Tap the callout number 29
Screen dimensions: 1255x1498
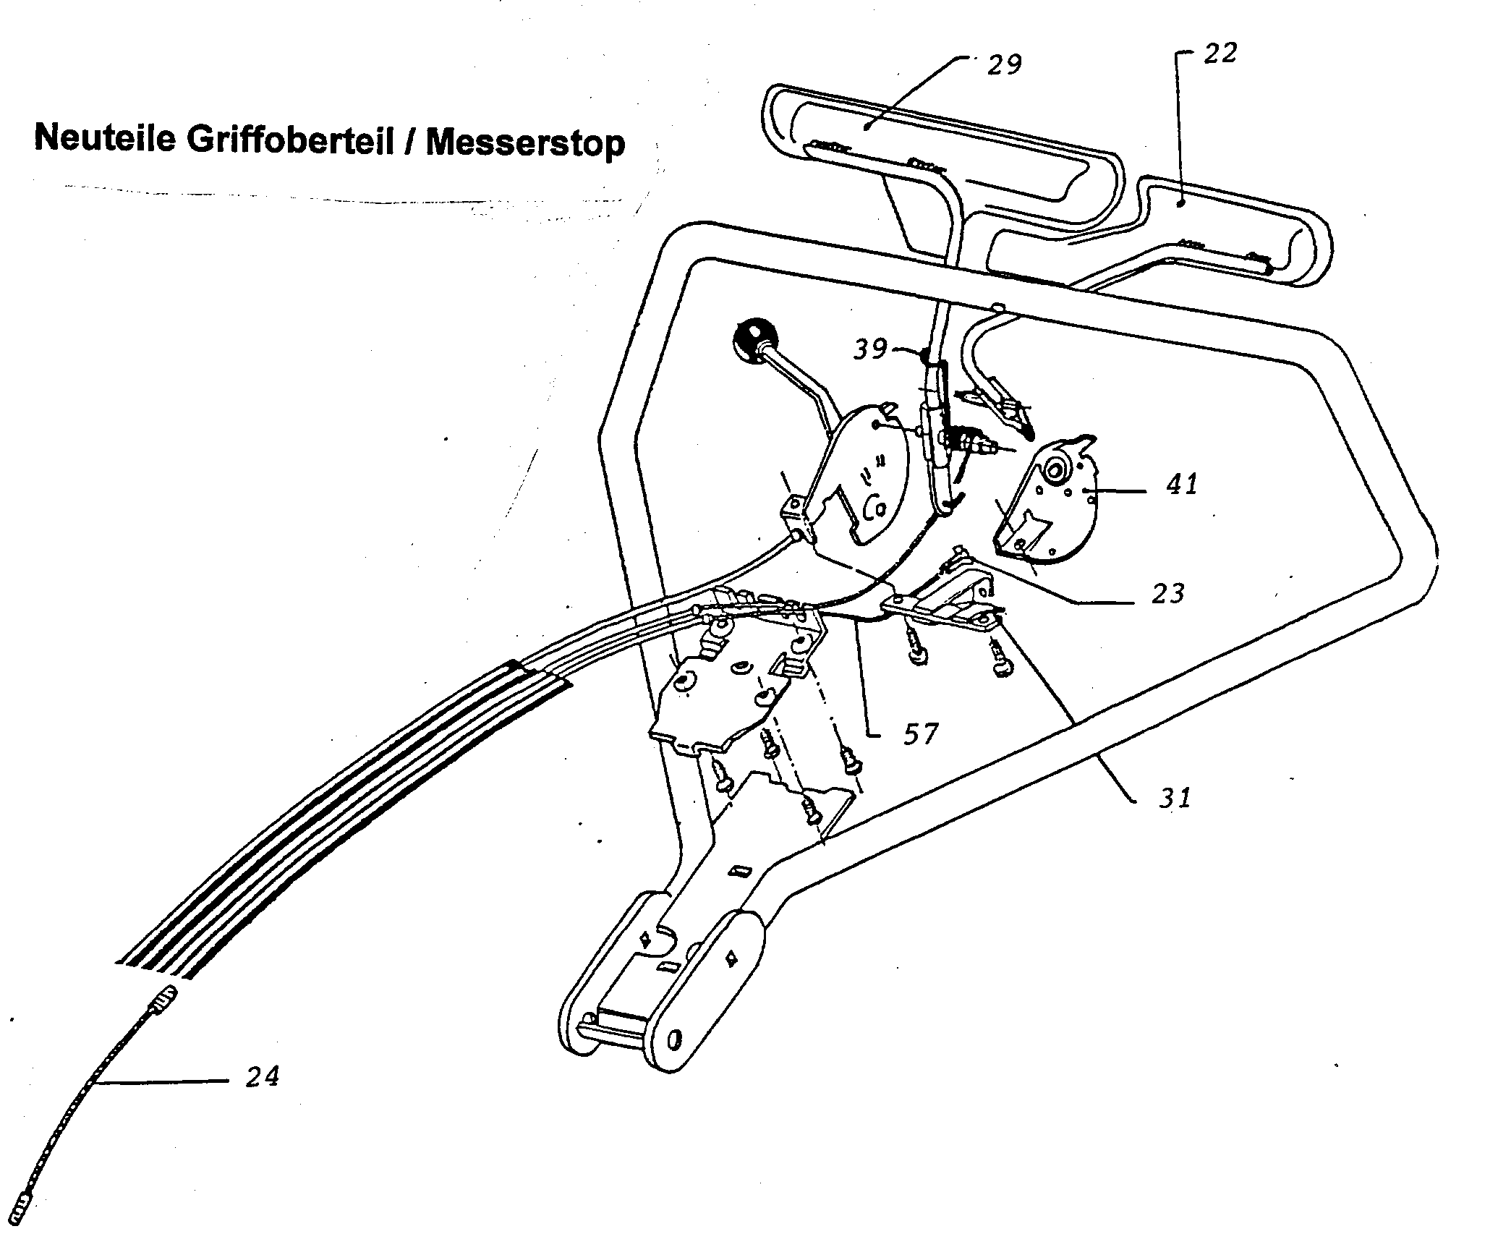[1004, 64]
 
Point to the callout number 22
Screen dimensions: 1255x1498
[1220, 53]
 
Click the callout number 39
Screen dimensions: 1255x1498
[870, 349]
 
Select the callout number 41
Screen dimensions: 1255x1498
[1181, 483]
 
